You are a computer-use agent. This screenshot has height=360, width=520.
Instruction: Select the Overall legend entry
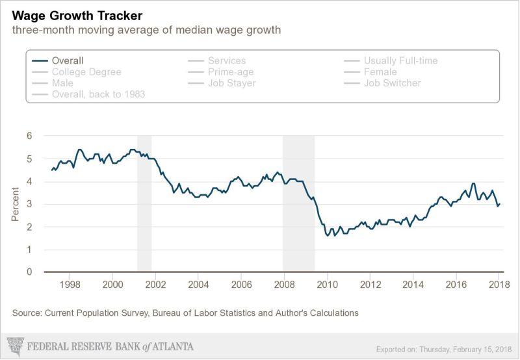pos(68,60)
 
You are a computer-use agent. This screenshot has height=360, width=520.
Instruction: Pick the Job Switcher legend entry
pos(392,83)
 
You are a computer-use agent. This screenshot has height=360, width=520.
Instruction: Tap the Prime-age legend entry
pos(231,72)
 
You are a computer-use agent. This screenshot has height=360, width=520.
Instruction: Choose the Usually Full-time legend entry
pos(400,60)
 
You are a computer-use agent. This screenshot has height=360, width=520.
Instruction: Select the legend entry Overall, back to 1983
pos(98,94)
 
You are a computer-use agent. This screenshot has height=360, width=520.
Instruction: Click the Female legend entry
pos(380,72)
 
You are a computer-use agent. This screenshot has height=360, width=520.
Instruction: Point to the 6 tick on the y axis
pos(29,136)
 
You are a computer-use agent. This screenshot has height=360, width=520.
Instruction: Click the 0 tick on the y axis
pos(29,272)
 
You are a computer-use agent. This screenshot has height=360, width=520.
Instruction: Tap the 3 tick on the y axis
pos(29,204)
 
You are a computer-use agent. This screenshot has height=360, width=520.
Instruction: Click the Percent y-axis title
pos(15,204)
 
